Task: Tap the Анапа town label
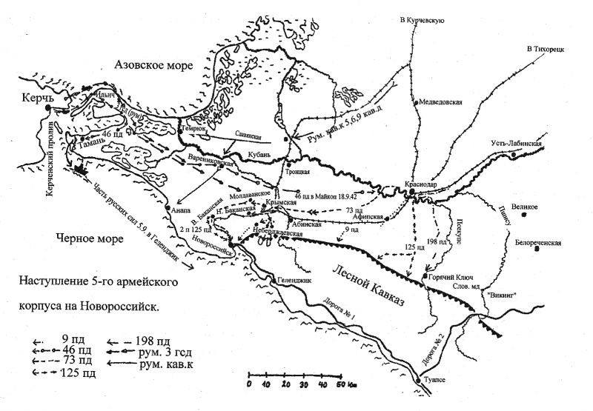point(180,210)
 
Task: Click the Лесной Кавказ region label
point(368,287)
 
